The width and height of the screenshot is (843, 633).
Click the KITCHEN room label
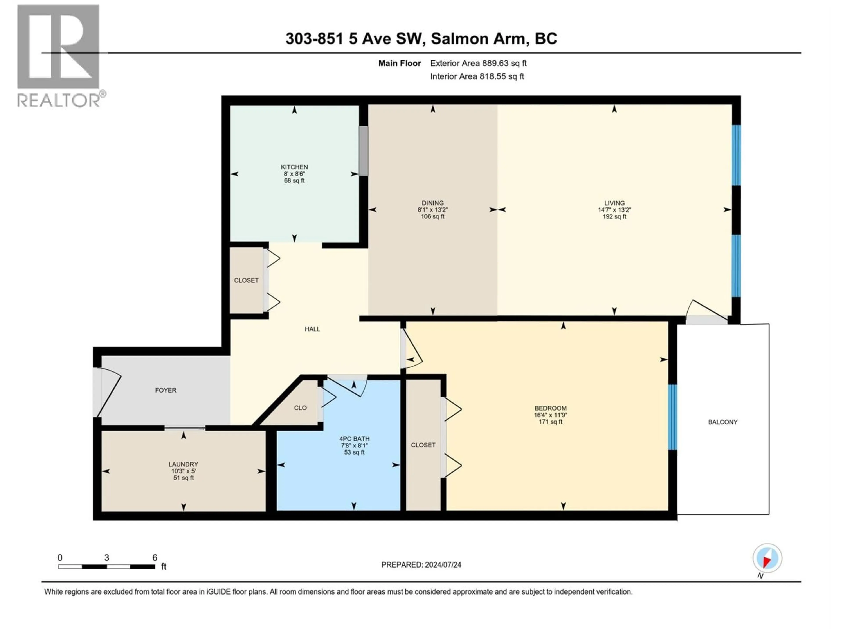click(x=294, y=167)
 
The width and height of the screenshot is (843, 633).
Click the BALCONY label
click(x=722, y=422)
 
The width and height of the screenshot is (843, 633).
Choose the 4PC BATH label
click(x=354, y=439)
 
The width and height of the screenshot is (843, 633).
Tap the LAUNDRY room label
click(x=183, y=464)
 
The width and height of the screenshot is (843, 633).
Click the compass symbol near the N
click(x=767, y=558)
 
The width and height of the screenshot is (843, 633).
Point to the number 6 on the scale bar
click(x=155, y=557)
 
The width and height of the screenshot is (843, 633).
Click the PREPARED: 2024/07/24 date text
click(x=421, y=565)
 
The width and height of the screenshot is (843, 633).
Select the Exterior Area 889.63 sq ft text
click(x=478, y=63)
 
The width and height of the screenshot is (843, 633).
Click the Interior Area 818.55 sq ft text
click(x=477, y=76)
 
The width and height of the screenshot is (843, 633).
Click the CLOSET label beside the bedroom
click(x=423, y=445)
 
